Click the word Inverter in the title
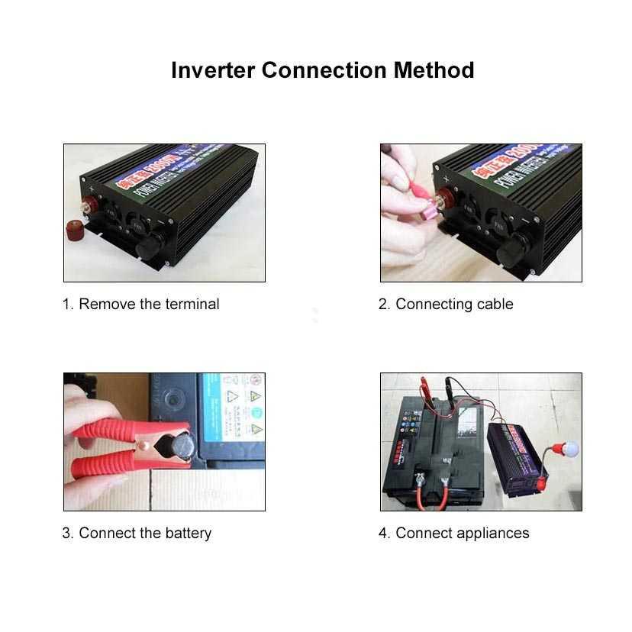click(213, 70)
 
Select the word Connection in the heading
click(324, 70)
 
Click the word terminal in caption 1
click(192, 305)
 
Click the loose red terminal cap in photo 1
click(74, 229)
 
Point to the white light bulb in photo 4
click(569, 451)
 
